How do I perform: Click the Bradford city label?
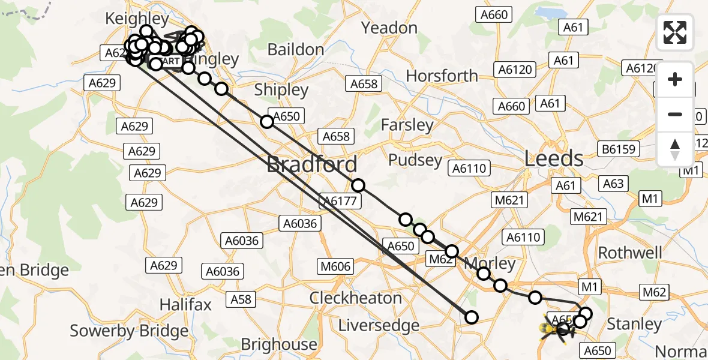(312, 164)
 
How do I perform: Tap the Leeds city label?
(554, 159)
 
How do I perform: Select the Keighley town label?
(137, 19)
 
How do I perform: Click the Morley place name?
(490, 263)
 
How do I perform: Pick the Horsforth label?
(442, 76)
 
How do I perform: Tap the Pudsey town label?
(415, 160)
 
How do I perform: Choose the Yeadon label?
(390, 28)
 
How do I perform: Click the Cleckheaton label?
(356, 298)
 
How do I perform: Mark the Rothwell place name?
(631, 252)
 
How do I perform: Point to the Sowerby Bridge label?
(129, 331)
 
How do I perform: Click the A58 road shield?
(241, 299)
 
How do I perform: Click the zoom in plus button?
(675, 79)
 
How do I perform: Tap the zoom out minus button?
(675, 114)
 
